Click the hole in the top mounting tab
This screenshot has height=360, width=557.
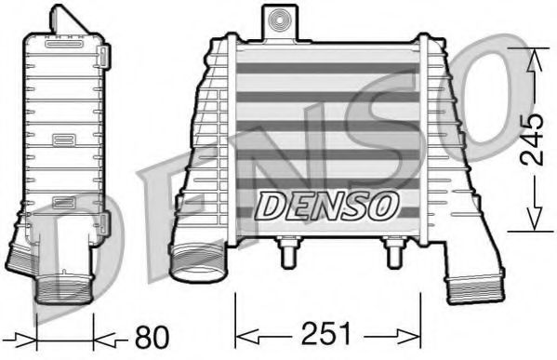[x=276, y=18]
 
